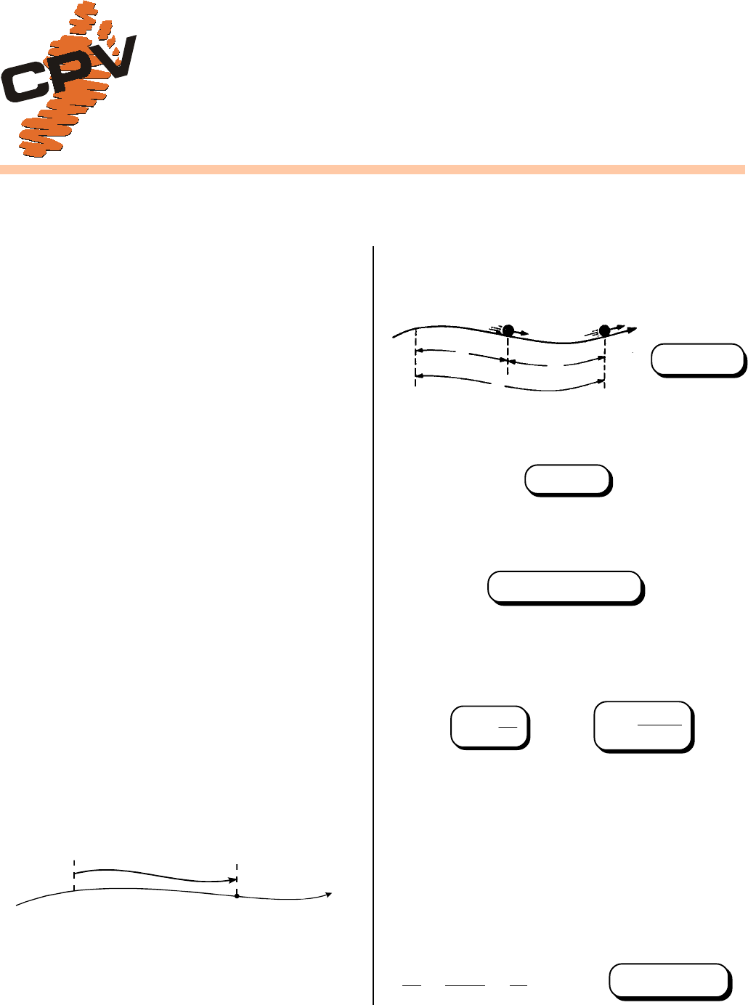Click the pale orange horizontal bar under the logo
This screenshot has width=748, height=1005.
point(373,169)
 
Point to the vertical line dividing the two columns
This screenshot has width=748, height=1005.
point(373,625)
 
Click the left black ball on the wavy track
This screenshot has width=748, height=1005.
point(508,330)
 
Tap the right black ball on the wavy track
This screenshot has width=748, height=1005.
point(604,331)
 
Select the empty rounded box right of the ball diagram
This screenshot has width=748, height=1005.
point(698,360)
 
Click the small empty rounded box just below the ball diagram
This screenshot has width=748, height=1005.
point(568,480)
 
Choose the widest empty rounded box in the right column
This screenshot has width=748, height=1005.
point(565,587)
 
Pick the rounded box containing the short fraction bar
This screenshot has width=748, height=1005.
point(489,727)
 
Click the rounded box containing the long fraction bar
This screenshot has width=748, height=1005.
point(643,727)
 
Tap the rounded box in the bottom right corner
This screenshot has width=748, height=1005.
point(670,981)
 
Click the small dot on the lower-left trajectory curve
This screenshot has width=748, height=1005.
point(237,896)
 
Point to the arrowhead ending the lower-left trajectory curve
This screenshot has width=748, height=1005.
point(329,895)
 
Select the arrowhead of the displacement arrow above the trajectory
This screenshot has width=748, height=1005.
point(232,880)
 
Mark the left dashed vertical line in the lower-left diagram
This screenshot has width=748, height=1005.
point(74,874)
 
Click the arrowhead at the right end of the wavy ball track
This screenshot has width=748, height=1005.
point(633,330)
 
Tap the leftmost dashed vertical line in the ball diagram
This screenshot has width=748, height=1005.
point(415,358)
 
